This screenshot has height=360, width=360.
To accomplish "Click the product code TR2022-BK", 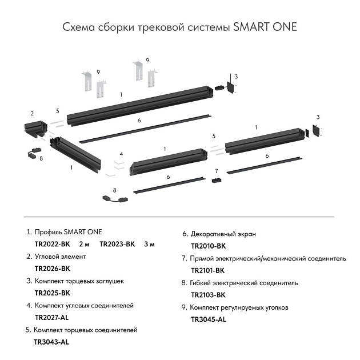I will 53,244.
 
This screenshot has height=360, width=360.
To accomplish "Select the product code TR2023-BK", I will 117,244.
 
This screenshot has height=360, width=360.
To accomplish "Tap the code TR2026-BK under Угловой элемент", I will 53,268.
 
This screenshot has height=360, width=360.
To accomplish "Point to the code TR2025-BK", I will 53,293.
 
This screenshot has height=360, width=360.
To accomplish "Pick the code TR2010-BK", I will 208,246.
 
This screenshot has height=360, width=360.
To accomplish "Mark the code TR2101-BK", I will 208,270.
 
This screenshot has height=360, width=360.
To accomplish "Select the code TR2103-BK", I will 208,295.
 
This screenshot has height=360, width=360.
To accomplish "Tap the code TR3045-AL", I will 208,319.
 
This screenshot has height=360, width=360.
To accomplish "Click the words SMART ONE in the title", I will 265,27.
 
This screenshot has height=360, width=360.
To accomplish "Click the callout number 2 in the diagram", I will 32,113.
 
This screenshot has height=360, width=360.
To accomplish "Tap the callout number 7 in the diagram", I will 217,171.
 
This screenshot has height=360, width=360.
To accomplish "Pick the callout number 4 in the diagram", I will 121,154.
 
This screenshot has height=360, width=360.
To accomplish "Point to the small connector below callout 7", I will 216,181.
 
